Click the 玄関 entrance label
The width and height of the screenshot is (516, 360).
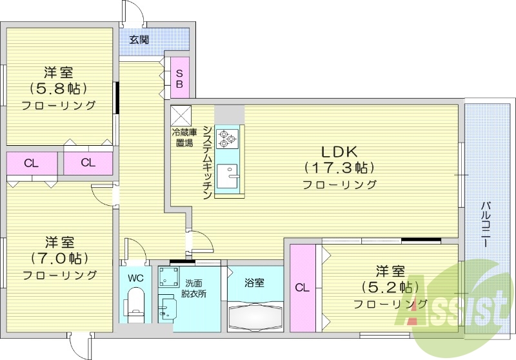click(x=139, y=39)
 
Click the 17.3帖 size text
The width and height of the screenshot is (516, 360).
click(x=339, y=168)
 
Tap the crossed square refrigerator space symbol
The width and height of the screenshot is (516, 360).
click(x=180, y=115)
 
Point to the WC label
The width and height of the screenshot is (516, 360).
click(x=135, y=279)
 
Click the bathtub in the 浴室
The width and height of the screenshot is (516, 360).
click(x=255, y=316)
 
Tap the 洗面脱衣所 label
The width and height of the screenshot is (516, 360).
click(x=193, y=288)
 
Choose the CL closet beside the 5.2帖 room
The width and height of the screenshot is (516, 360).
click(x=302, y=288)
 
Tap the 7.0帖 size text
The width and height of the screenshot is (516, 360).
click(x=59, y=259)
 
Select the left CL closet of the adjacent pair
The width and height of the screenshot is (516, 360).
click(x=31, y=163)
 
